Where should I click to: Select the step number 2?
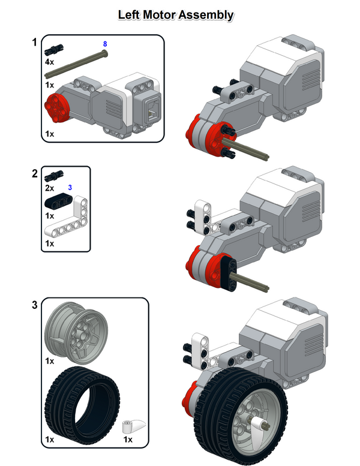click(x=35, y=174)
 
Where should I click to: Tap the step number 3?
click(x=35, y=305)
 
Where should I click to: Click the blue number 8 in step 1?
click(x=105, y=44)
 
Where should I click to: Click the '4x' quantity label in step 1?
click(x=49, y=61)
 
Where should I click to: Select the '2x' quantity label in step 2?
click(x=49, y=188)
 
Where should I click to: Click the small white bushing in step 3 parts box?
click(x=130, y=428)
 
